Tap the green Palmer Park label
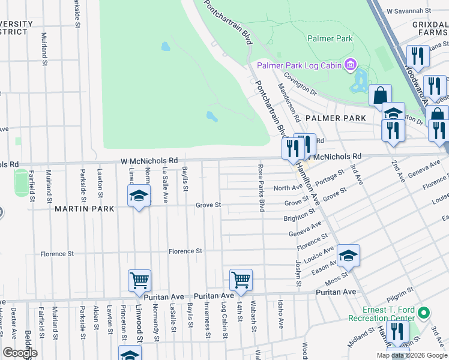328,38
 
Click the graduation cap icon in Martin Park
139,196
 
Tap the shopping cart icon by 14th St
240,280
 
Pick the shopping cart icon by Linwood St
139,280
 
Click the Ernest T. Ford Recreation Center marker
424,313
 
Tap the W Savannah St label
409,11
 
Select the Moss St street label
337,279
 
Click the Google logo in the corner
20,353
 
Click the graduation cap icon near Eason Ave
348,256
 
